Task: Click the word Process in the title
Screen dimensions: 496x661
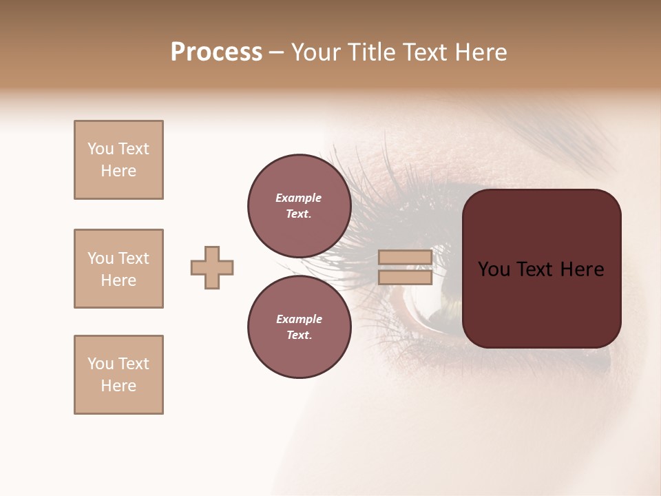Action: click(x=216, y=52)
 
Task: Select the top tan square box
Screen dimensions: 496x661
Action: click(x=118, y=160)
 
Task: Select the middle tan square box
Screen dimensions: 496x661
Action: click(x=118, y=269)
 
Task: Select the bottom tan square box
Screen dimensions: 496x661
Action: click(x=118, y=375)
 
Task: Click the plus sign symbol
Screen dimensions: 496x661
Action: click(x=212, y=267)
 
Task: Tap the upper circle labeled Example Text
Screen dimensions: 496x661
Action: click(x=299, y=205)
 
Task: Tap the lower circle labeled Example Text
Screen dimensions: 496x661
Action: click(x=299, y=327)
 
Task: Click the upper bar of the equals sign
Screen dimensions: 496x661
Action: click(x=405, y=257)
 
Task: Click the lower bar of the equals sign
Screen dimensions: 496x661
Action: click(x=405, y=277)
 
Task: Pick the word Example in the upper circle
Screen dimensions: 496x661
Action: click(x=299, y=198)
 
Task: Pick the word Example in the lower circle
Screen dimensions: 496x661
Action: click(x=299, y=320)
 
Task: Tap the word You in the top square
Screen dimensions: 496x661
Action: click(x=100, y=149)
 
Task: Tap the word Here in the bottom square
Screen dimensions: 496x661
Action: click(x=118, y=386)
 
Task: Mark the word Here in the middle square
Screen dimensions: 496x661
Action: click(x=118, y=280)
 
